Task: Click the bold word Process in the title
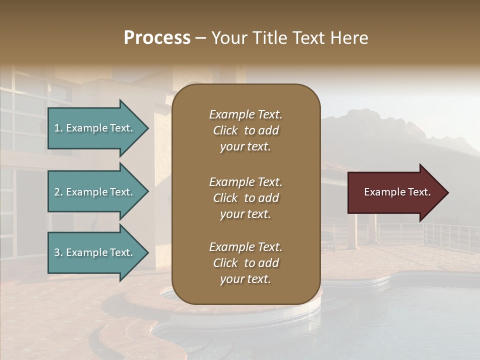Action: pyautogui.click(x=157, y=38)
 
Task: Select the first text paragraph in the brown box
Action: pyautogui.click(x=245, y=130)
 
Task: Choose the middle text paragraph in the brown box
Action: pyautogui.click(x=245, y=198)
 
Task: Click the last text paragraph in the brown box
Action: pyautogui.click(x=245, y=263)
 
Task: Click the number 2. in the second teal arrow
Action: pyautogui.click(x=58, y=192)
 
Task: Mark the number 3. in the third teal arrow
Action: pyautogui.click(x=58, y=252)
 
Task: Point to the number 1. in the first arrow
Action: pyautogui.click(x=58, y=128)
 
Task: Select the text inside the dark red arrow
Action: pyautogui.click(x=397, y=192)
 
